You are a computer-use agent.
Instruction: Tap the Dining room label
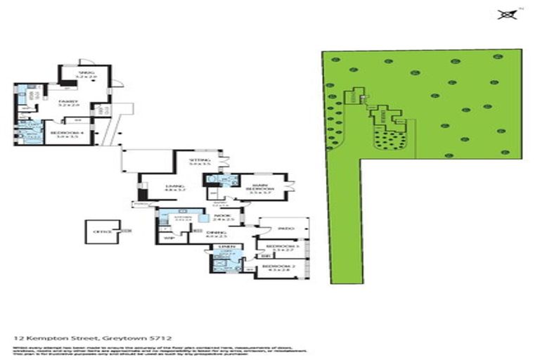coord(214,235)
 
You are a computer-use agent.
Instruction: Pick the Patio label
coord(285,229)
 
